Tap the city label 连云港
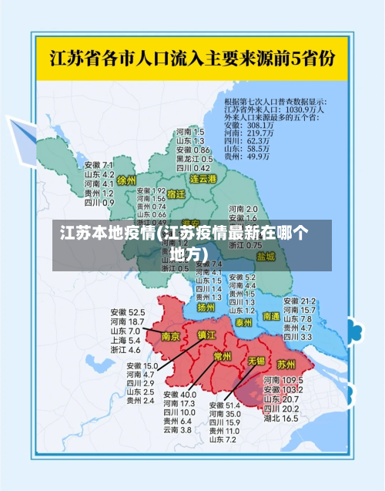coord(204,179)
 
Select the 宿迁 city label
coord(176,195)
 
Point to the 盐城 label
coord(266,256)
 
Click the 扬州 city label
coord(206,307)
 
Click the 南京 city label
coord(170,336)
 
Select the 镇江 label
coord(207,335)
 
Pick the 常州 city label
coord(223,356)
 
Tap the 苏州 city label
coord(286,363)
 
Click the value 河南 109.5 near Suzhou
coord(281,381)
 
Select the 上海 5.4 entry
coord(125,340)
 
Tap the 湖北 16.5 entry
coord(281,419)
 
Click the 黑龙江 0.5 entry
coord(193,158)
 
